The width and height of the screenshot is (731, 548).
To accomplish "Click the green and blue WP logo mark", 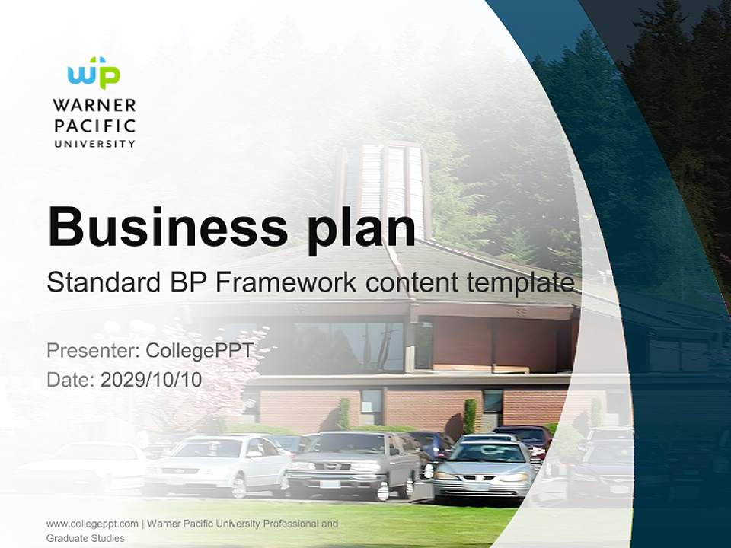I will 94,74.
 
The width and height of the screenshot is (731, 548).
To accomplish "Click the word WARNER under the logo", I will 94,105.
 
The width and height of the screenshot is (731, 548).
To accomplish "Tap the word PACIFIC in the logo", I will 94,125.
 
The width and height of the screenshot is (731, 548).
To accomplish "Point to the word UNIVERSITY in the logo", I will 94,143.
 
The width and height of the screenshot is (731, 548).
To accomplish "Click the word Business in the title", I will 168,226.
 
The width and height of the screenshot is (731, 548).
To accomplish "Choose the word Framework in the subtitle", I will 286,283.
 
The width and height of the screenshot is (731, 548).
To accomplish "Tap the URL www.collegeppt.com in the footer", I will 92,524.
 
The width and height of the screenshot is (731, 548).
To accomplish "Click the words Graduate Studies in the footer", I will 85,538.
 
